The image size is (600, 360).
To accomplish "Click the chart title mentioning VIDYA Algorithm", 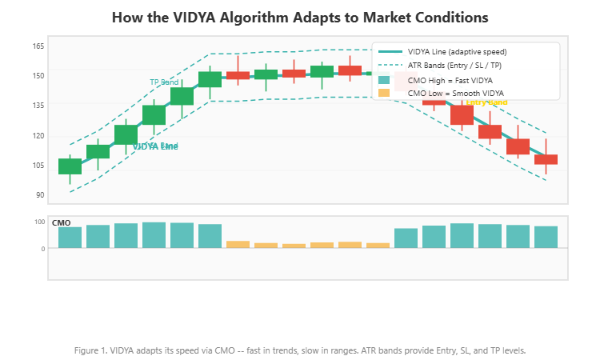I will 300,17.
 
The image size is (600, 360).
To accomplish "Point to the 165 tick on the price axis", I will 38,46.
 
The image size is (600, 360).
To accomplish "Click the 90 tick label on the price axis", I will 38,195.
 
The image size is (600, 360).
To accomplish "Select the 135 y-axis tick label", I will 38,105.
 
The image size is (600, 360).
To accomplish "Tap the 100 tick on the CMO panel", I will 39,222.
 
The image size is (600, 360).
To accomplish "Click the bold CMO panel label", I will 61,222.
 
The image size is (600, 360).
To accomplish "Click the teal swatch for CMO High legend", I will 384,80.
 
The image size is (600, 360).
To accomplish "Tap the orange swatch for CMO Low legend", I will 384,93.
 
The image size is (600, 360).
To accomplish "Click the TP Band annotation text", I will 164,82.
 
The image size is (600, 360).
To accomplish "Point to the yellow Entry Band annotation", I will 486,102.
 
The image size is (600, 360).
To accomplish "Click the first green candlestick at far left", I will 70,166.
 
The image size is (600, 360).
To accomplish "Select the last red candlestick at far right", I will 546,159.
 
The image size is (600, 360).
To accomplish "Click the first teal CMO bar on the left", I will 70,238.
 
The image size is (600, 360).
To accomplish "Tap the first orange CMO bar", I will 238,244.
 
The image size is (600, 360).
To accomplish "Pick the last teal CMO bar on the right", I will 546,237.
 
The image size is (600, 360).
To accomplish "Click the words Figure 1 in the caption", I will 90,350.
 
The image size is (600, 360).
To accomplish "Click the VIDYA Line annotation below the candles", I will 155,146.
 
